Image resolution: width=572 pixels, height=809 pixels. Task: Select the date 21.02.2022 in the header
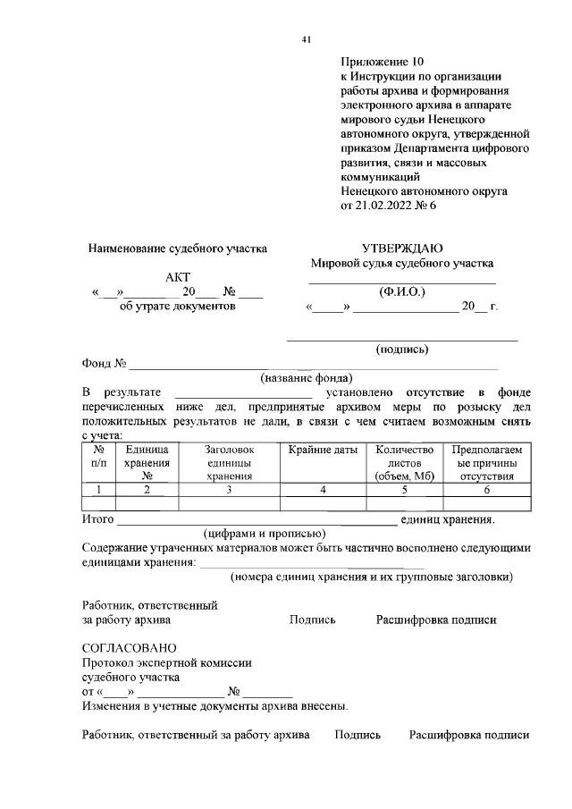click(x=386, y=205)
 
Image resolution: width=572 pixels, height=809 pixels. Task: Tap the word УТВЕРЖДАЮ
click(x=401, y=248)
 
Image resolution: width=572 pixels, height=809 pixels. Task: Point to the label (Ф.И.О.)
click(x=402, y=291)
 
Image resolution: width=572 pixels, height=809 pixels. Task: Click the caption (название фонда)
click(x=307, y=378)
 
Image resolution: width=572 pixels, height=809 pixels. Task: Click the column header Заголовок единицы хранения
click(x=229, y=463)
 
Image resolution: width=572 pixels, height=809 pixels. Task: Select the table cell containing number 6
click(x=487, y=490)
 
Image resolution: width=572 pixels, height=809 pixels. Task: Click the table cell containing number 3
click(x=229, y=490)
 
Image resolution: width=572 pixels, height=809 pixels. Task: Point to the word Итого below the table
click(x=97, y=518)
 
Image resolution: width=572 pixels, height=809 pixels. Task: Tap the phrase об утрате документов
click(x=178, y=307)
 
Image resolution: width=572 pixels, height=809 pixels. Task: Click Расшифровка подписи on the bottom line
click(x=469, y=735)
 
